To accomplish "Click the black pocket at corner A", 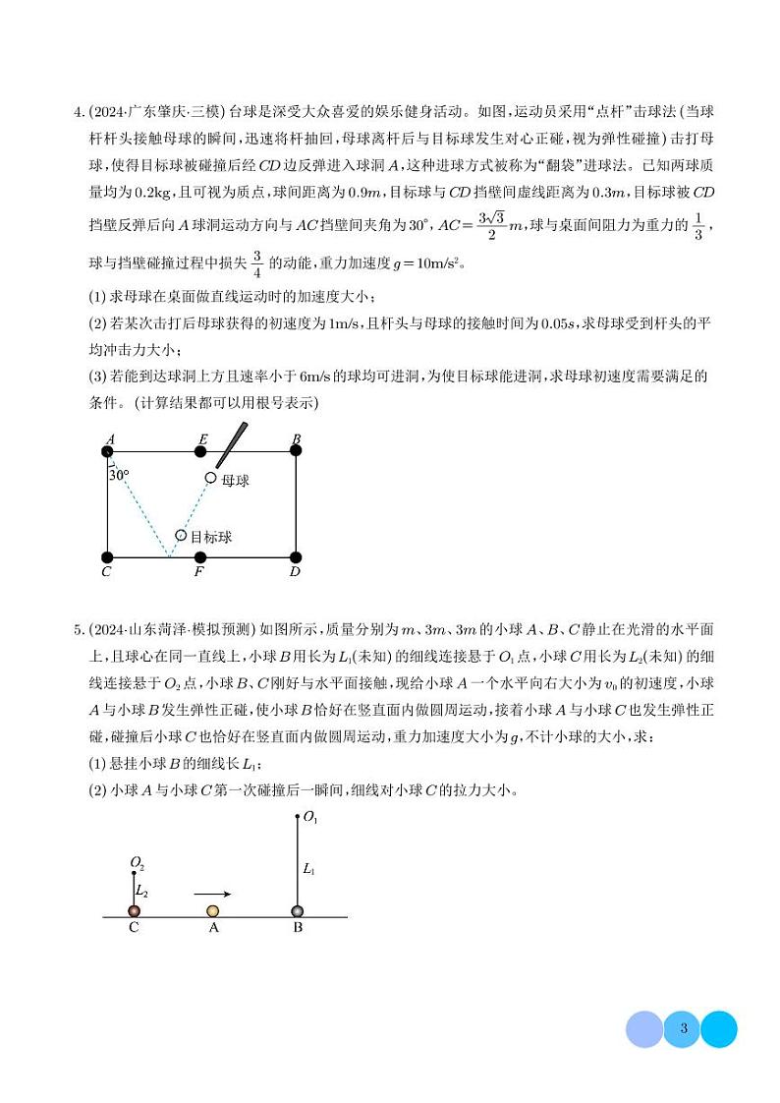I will [x=107, y=451].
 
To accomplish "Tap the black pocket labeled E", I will [x=200, y=451].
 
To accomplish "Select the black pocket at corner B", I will [x=296, y=451].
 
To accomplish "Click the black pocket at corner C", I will [x=107, y=557].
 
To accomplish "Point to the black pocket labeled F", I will [x=200, y=557].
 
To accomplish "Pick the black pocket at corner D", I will [x=296, y=557].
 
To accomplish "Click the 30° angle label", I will [x=119, y=474].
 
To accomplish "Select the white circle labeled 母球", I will [x=210, y=478].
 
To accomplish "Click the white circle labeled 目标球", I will [x=181, y=536].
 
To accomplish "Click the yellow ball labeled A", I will [x=212, y=911].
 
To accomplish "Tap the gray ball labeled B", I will [x=298, y=911].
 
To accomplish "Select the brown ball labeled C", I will [x=135, y=911].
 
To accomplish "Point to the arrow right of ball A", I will [x=212, y=894].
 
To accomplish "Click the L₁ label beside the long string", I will [x=309, y=869].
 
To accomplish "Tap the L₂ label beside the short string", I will [x=142, y=891].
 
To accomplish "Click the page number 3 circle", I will [x=682, y=1029].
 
